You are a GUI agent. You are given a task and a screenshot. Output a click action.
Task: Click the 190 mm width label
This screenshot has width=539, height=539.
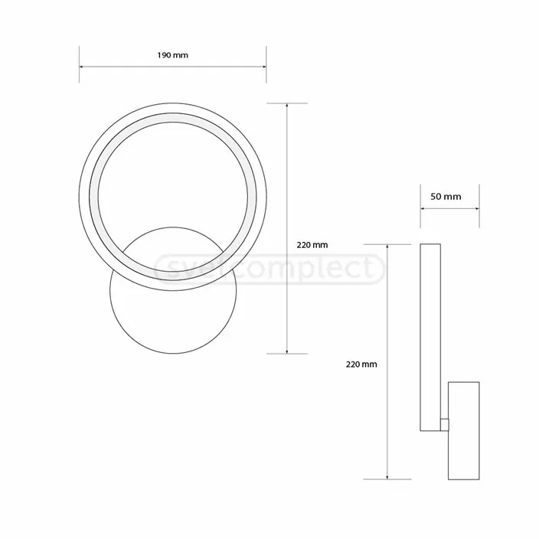tap(172, 56)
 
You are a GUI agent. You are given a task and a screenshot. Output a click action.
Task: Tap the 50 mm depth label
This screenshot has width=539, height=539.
tap(446, 196)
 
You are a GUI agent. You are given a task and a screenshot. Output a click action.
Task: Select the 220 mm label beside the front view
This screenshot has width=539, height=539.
tap(312, 245)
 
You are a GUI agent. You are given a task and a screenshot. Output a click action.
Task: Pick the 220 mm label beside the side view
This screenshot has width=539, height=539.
tap(361, 364)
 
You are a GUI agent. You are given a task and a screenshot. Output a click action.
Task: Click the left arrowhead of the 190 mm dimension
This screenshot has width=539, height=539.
tap(82, 67)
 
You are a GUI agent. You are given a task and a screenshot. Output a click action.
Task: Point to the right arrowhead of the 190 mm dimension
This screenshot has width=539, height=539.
tap(263, 67)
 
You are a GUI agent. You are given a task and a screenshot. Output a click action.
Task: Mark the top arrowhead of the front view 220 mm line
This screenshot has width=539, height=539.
tap(287, 106)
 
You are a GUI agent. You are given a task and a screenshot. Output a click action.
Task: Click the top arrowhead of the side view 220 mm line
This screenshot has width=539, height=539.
tap(388, 247)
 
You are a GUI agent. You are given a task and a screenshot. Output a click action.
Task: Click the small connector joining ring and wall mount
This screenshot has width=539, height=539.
tap(444, 422)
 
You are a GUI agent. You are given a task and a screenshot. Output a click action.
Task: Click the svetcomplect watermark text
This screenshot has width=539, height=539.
tap(268, 268)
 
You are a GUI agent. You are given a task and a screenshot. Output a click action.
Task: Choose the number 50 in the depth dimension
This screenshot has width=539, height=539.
tap(437, 196)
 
